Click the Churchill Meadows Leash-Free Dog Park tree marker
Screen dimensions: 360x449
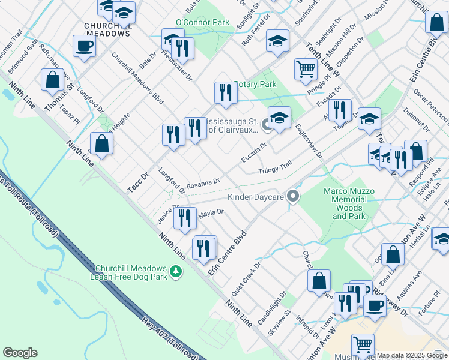click(176, 273)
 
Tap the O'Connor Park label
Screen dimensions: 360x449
click(203, 22)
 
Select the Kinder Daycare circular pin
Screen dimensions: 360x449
click(293, 196)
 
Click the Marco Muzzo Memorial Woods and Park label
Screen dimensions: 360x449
click(349, 203)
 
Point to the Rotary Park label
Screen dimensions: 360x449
click(256, 85)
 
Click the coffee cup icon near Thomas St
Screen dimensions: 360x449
click(84, 47)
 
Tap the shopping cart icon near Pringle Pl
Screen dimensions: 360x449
click(306, 70)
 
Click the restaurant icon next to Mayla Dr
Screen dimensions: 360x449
click(185, 218)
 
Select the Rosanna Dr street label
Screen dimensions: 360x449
click(203, 181)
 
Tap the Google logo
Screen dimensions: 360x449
click(20, 353)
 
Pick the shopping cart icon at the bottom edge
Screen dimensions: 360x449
click(363, 346)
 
